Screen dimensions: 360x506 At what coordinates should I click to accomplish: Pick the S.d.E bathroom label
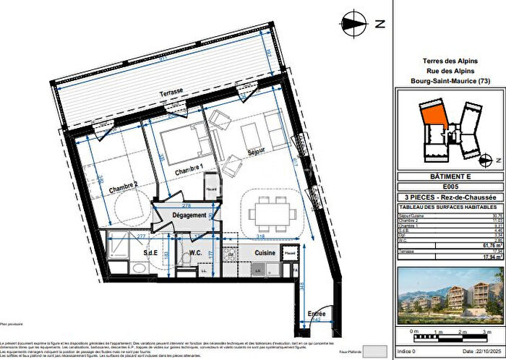[x=130, y=252]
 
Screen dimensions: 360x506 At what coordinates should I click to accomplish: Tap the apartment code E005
[x=449, y=187]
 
